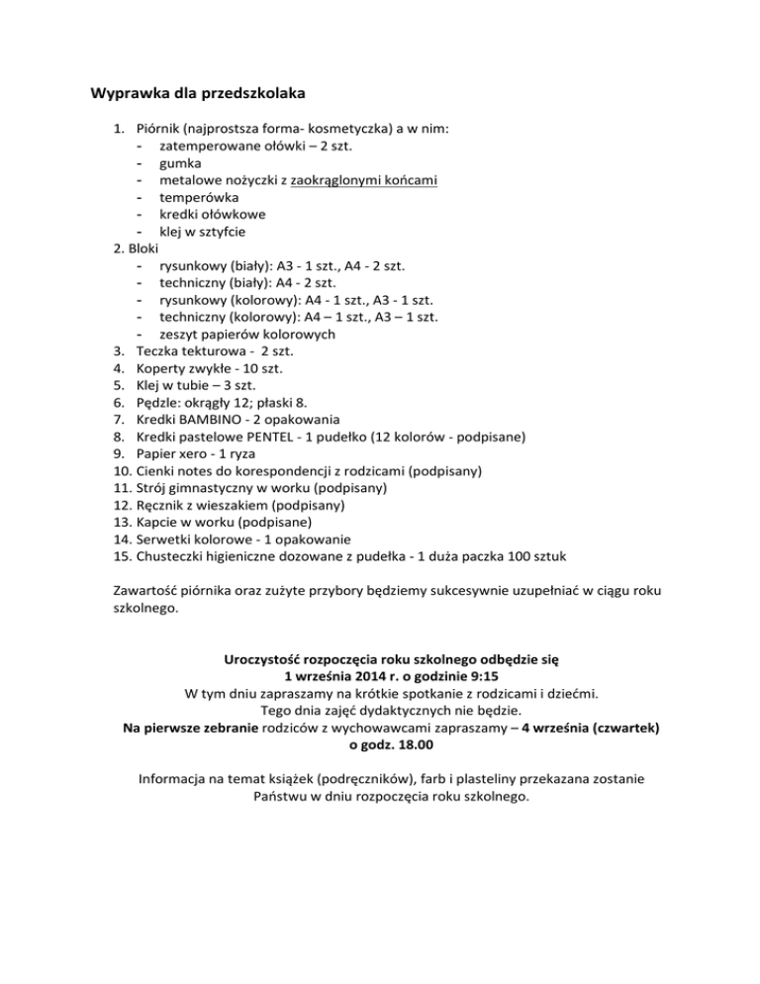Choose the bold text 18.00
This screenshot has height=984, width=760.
click(x=419, y=743)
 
